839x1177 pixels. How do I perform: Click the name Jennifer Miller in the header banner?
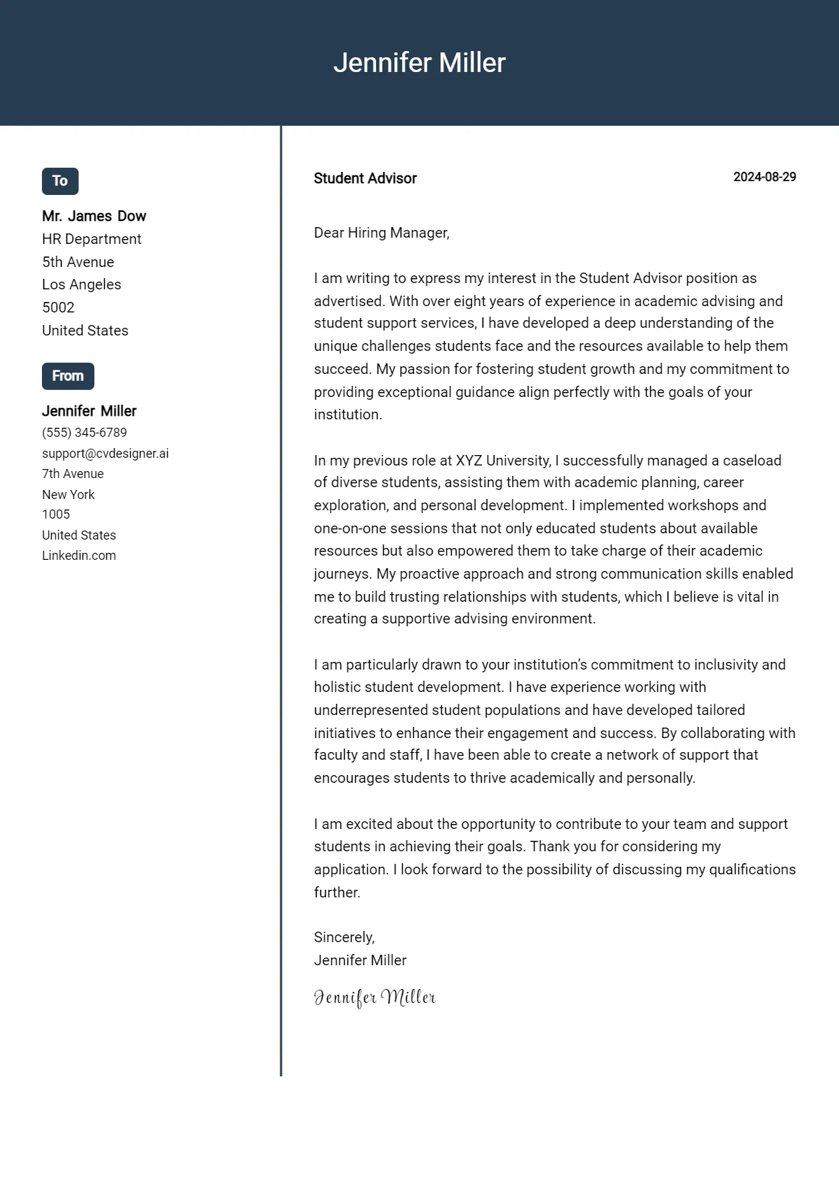click(419, 63)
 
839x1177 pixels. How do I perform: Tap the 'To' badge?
click(60, 181)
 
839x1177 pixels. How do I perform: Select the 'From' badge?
click(68, 376)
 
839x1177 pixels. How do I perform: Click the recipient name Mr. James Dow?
click(94, 216)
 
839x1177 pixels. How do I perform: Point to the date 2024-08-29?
click(764, 177)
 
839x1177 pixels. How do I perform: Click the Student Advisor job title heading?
click(365, 178)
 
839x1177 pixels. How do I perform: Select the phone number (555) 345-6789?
click(84, 433)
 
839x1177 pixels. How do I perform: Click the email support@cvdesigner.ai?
click(105, 453)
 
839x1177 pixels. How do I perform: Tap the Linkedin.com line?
click(79, 556)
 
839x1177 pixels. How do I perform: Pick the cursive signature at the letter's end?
click(375, 997)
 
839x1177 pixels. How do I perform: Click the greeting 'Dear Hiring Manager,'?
click(381, 233)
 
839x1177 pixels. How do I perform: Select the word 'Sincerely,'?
click(344, 937)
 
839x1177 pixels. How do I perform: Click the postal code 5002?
click(58, 308)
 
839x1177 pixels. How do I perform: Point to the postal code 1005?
click(56, 514)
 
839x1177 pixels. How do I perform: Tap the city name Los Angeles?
click(81, 284)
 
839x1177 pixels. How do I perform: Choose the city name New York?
click(68, 494)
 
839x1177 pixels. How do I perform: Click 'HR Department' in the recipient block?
click(92, 239)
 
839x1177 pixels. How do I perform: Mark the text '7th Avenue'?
click(73, 474)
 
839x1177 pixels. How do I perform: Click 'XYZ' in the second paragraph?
click(468, 461)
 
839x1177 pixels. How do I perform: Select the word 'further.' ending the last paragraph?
click(337, 893)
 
